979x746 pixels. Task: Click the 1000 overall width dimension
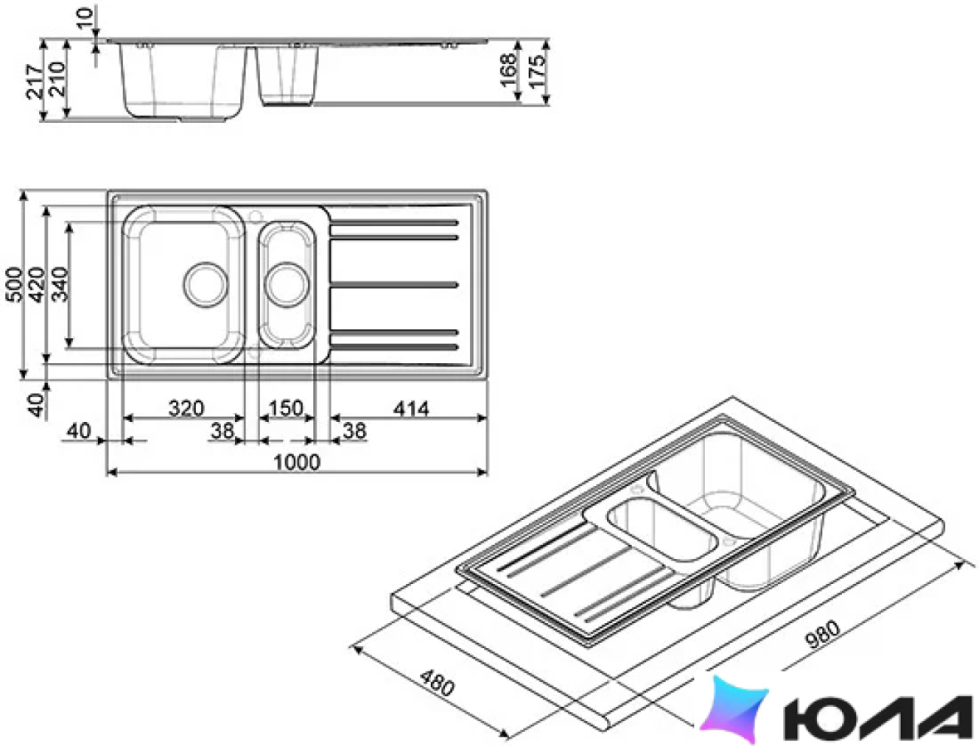pos(296,462)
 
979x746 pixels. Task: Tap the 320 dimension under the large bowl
pos(186,409)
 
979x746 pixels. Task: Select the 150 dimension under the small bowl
pos(286,409)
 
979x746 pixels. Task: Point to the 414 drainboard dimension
pos(411,409)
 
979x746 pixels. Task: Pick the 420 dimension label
pos(36,284)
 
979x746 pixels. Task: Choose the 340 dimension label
pos(60,284)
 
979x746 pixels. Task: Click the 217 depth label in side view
pos(35,80)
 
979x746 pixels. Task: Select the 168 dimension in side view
pos(508,70)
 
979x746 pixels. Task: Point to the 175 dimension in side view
pos(536,69)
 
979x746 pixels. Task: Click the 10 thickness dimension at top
pos(85,18)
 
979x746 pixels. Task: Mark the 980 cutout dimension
pos(822,635)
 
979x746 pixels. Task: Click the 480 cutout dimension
pos(435,683)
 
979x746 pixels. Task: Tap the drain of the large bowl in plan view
pos(205,285)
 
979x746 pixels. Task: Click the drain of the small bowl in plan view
pos(287,285)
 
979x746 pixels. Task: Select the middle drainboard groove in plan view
pos(394,285)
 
